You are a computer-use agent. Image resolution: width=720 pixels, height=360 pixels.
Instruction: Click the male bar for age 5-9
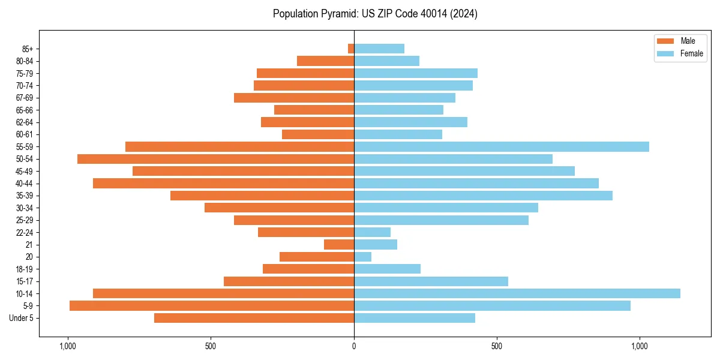pyautogui.click(x=211, y=306)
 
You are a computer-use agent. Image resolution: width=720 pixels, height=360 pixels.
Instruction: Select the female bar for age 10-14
pyautogui.click(x=517, y=293)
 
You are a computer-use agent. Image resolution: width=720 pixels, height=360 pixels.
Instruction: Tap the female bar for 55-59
pyautogui.click(x=501, y=146)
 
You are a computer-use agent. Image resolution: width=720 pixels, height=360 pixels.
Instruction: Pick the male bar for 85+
pyautogui.click(x=351, y=49)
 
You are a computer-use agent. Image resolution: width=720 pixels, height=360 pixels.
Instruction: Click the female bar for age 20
pyautogui.click(x=362, y=257)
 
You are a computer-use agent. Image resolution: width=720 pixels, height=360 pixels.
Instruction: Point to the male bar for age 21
pyautogui.click(x=339, y=245)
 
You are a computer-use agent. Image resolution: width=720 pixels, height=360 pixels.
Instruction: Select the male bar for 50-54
pyautogui.click(x=215, y=159)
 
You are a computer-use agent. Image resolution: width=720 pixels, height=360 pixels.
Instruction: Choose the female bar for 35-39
pyautogui.click(x=483, y=196)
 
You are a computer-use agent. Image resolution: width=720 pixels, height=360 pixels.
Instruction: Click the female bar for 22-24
pyautogui.click(x=372, y=232)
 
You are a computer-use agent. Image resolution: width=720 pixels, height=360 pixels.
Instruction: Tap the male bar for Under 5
pyautogui.click(x=254, y=318)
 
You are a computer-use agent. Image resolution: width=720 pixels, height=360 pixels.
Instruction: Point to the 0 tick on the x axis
pyautogui.click(x=354, y=346)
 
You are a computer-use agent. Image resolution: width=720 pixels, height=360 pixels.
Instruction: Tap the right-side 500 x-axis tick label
pyautogui.click(x=496, y=346)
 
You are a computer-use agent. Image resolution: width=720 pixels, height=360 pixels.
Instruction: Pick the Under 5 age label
pyautogui.click(x=22, y=318)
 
